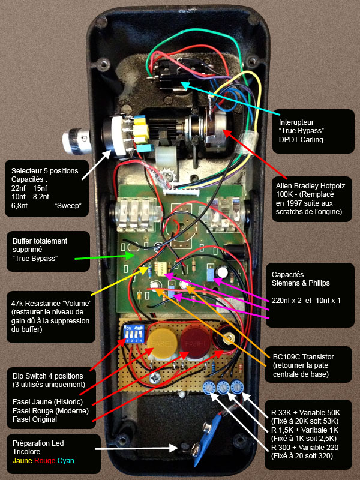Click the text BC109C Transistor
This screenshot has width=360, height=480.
[302, 357]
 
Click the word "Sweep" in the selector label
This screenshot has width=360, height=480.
[70, 206]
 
